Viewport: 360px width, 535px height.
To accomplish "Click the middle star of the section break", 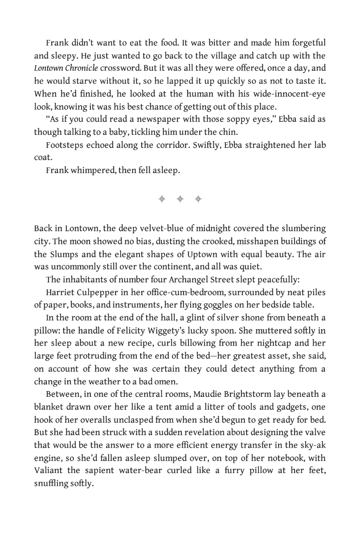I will tap(180, 199).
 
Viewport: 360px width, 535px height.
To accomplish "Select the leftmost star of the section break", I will tap(162, 199).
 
